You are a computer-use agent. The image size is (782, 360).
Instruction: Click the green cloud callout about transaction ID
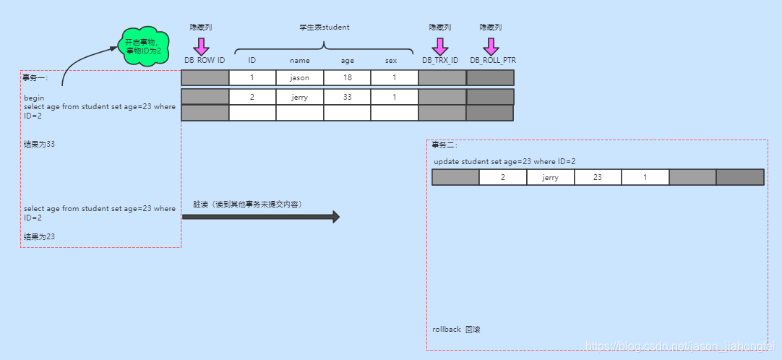(x=143, y=46)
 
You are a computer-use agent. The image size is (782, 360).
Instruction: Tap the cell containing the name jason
(x=299, y=78)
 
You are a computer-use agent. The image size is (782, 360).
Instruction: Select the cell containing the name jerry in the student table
(x=299, y=97)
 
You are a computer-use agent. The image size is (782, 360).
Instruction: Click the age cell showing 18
(x=347, y=78)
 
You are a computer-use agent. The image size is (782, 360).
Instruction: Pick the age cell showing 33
(x=347, y=97)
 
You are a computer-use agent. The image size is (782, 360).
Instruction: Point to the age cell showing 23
(x=597, y=177)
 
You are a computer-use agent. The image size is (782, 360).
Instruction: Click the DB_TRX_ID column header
(x=440, y=60)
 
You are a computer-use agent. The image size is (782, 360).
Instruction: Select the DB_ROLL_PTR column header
(x=493, y=60)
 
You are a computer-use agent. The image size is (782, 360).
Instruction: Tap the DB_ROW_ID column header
(x=205, y=60)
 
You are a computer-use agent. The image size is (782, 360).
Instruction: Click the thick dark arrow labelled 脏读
(x=261, y=217)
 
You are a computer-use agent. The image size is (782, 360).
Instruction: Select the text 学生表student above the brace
(x=325, y=27)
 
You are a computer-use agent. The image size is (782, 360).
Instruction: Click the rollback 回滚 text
(x=456, y=330)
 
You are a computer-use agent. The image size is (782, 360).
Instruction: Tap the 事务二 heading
(x=444, y=145)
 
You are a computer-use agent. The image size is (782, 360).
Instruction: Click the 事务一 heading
(x=34, y=78)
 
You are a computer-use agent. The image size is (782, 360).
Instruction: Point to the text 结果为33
(x=39, y=145)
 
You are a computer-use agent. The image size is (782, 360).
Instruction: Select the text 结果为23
(x=39, y=236)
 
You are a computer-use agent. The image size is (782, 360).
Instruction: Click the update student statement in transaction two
(x=504, y=162)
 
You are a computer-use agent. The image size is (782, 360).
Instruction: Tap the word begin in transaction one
(x=34, y=98)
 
